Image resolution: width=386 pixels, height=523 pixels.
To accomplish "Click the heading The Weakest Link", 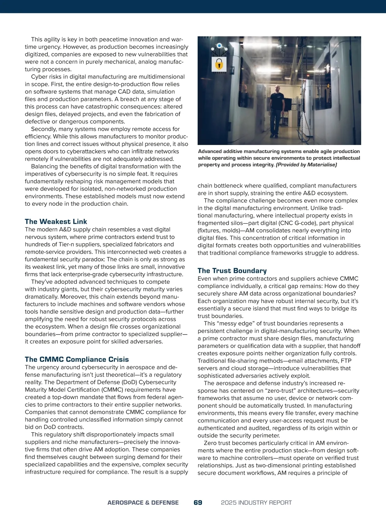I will pyautogui.click(x=56, y=222).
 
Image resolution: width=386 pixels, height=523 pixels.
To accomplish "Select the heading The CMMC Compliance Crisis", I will pyautogui.click(x=77, y=359).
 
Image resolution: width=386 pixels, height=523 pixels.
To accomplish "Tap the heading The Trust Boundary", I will pyautogui.click(x=232, y=271).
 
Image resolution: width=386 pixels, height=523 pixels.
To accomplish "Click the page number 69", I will pyautogui.click(x=198, y=502).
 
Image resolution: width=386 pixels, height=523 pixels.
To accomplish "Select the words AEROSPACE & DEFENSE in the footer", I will pyautogui.click(x=143, y=503).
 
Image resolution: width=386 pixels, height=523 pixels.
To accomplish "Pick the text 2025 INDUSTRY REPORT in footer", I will pyautogui.click(x=256, y=503).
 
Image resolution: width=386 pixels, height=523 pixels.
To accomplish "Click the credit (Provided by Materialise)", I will pyautogui.click(x=306, y=165).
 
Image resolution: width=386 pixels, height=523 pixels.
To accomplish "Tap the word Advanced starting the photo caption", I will pyautogui.click(x=210, y=151).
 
